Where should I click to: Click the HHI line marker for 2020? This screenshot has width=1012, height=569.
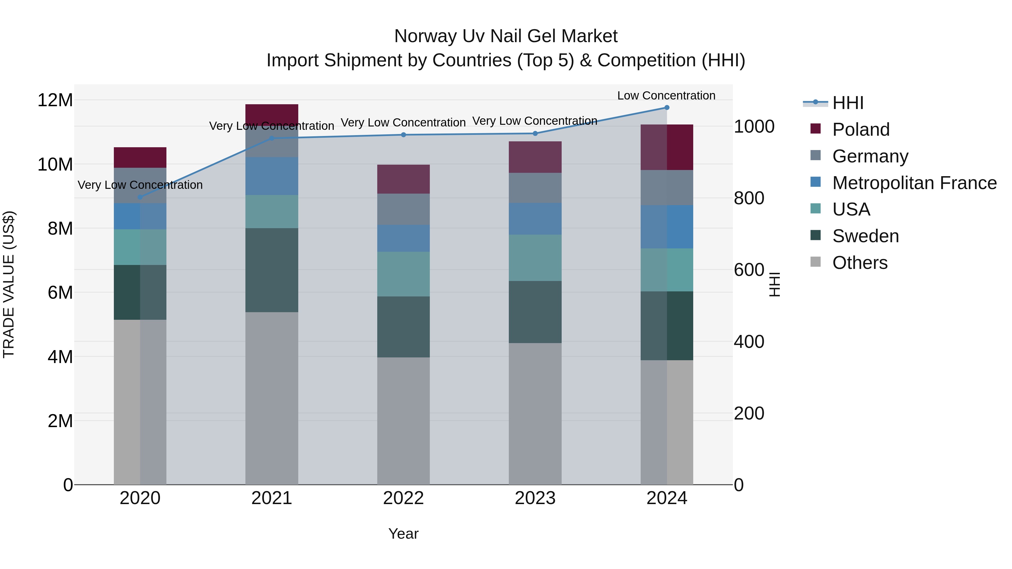[140, 197]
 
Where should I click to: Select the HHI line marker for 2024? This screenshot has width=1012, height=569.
[667, 108]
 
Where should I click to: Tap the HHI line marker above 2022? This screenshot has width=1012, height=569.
[403, 135]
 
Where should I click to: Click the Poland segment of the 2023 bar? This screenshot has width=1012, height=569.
[535, 157]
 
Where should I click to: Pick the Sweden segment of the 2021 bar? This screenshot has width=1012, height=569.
[272, 270]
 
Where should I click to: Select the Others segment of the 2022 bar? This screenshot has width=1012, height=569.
[403, 421]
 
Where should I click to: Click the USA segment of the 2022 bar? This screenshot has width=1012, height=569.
[403, 274]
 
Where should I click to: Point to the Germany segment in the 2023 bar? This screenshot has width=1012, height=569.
[535, 188]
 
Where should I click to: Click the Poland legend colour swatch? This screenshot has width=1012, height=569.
[816, 129]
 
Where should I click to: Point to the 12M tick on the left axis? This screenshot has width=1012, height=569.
[55, 100]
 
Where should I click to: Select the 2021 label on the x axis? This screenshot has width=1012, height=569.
[272, 498]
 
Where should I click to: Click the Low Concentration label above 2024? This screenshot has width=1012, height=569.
[666, 96]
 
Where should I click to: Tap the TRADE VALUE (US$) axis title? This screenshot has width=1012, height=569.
[9, 284]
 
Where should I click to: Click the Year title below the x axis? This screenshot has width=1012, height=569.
[403, 534]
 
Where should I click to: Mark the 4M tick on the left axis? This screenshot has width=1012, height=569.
[60, 357]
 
